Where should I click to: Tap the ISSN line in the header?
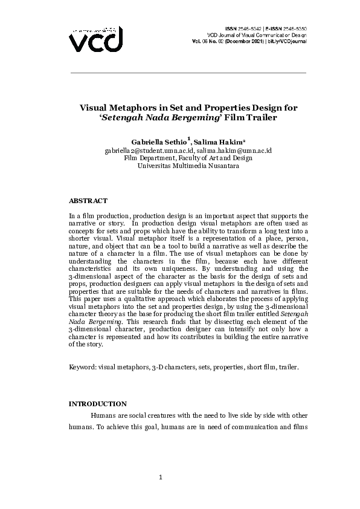[x=265, y=28]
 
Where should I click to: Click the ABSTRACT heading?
[x=88, y=200]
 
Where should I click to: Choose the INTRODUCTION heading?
[x=98, y=404]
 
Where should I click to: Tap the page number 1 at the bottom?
[x=160, y=478]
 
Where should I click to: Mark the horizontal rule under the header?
[x=188, y=73]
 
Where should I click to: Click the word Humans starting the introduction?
[x=103, y=416]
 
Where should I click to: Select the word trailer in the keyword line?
[x=287, y=367]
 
